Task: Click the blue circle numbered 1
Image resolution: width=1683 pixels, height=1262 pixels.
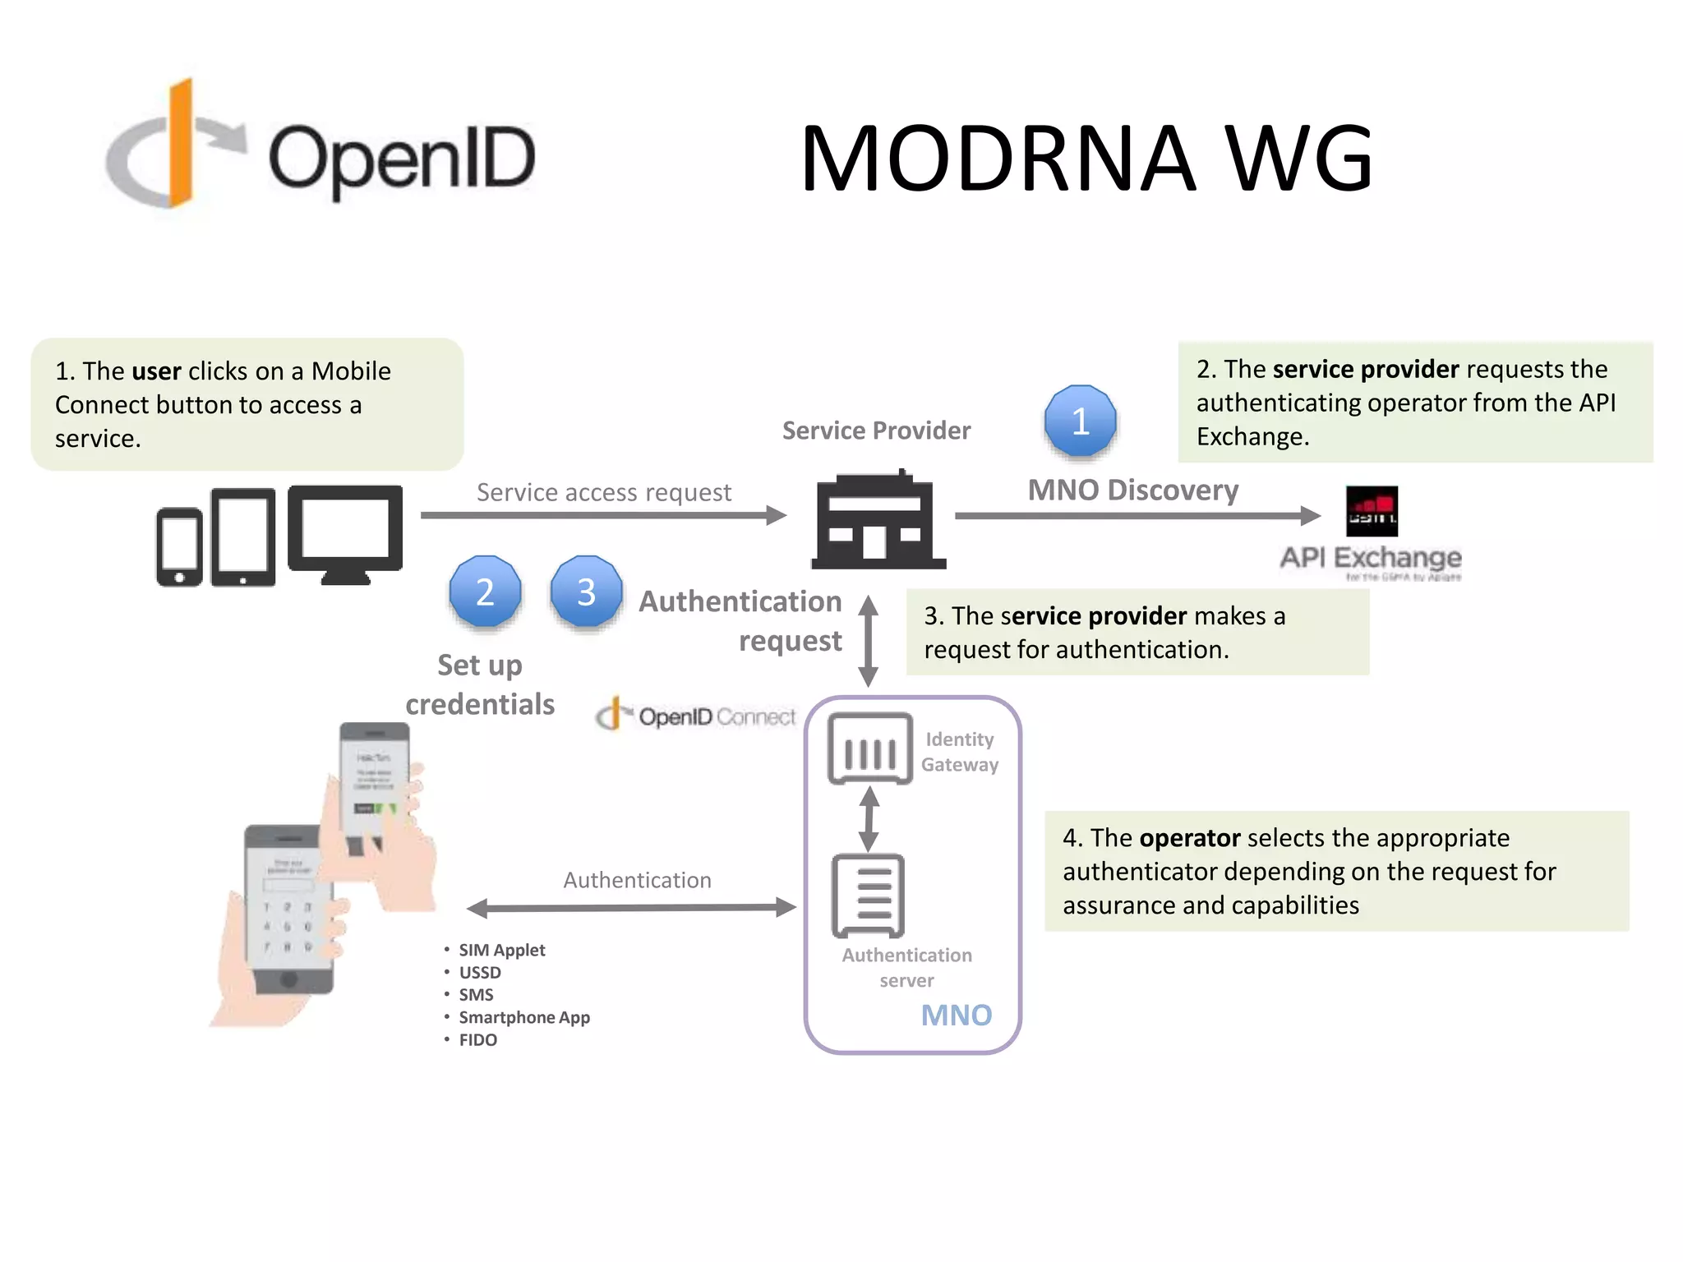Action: click(1080, 421)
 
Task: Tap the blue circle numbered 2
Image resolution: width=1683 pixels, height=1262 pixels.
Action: click(485, 592)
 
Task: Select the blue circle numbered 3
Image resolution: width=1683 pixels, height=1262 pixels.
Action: click(586, 592)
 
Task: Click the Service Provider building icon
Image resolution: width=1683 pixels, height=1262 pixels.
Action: click(878, 520)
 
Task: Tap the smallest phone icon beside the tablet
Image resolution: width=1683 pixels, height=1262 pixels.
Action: click(179, 546)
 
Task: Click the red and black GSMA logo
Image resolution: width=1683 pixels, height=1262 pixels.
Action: click(1371, 511)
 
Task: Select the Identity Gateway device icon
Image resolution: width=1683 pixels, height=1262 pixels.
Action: click(869, 748)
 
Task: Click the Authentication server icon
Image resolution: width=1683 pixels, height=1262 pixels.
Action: click(868, 896)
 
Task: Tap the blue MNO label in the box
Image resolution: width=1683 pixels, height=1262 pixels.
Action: click(956, 1016)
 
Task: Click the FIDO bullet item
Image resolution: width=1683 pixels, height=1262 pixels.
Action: click(477, 1040)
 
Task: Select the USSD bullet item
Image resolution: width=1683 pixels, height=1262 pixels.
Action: click(479, 973)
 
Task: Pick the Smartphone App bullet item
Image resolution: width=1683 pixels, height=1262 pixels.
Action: click(523, 1018)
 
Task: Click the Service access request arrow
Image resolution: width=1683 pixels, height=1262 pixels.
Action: click(603, 515)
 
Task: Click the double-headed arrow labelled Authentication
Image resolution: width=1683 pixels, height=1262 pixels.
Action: click(631, 908)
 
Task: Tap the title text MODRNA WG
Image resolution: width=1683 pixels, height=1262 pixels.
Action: click(1086, 158)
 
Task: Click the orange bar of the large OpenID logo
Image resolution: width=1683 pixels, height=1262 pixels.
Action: click(181, 144)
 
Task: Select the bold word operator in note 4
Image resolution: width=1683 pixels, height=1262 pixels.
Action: click(1189, 838)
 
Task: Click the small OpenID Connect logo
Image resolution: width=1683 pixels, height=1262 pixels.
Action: click(695, 716)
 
